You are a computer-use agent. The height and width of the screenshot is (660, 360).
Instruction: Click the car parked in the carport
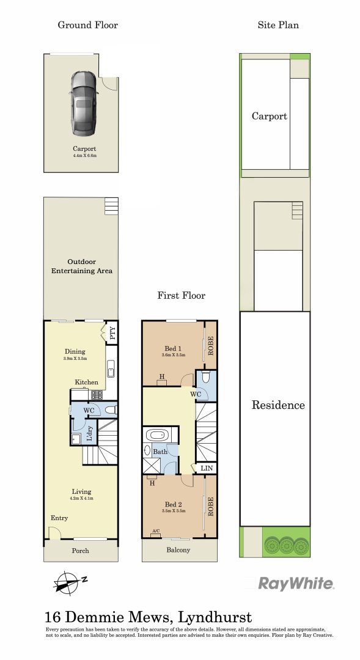pos(83,103)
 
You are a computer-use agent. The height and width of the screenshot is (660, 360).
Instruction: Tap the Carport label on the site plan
pos(269,116)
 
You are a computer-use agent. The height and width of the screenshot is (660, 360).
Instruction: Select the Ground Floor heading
pos(87,25)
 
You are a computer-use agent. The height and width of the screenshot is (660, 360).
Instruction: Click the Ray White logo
pos(296,584)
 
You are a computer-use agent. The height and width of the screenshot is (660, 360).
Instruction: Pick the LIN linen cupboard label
pos(207,468)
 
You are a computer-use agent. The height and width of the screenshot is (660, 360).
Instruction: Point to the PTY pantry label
pos(112,334)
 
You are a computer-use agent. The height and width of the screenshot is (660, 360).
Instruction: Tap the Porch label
pos(81,551)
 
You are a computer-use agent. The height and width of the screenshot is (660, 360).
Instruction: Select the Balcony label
pos(178,550)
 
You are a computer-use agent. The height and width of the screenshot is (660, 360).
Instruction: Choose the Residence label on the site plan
pos(278,405)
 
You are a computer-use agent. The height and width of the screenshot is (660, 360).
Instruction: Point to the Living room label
pos(81,491)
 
